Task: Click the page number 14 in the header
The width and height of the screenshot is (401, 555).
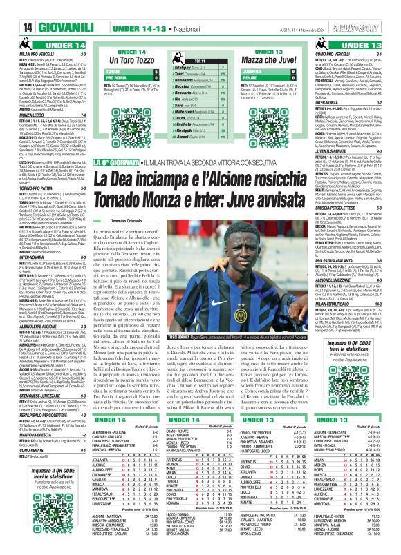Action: [11, 9]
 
